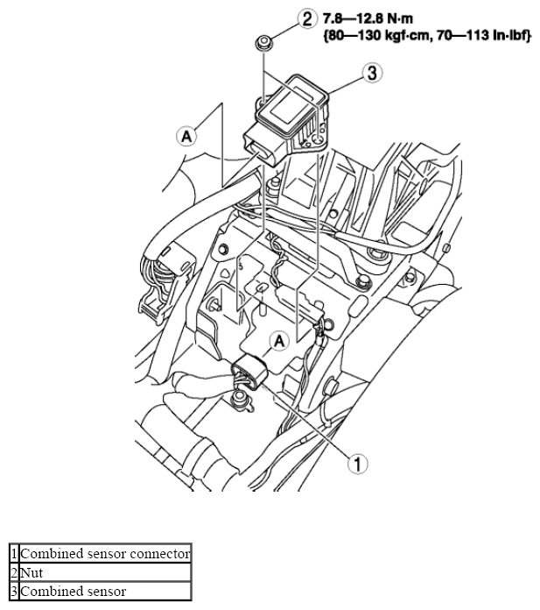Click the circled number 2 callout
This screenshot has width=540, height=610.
pyautogui.click(x=307, y=18)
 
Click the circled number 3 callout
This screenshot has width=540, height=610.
pyautogui.click(x=372, y=73)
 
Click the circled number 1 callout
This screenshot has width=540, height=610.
pyautogui.click(x=357, y=464)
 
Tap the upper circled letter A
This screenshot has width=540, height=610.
pyautogui.click(x=186, y=137)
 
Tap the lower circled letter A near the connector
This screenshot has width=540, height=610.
pyautogui.click(x=279, y=341)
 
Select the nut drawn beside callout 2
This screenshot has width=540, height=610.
pyautogui.click(x=263, y=42)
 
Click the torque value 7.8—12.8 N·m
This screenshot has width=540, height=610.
pyautogui.click(x=368, y=18)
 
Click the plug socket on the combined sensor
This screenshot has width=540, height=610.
pyautogui.click(x=261, y=151)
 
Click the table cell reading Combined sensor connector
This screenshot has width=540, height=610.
pyautogui.click(x=105, y=553)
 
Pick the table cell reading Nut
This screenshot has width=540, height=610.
pyautogui.click(x=105, y=572)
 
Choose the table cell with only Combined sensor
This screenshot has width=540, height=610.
pyautogui.click(x=105, y=591)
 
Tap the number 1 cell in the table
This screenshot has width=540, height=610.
pyautogui.click(x=14, y=553)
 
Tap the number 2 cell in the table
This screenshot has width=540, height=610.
pyautogui.click(x=14, y=572)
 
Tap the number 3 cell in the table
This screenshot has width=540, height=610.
pyautogui.click(x=14, y=591)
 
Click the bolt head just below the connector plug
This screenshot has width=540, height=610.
pyautogui.click(x=239, y=398)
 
